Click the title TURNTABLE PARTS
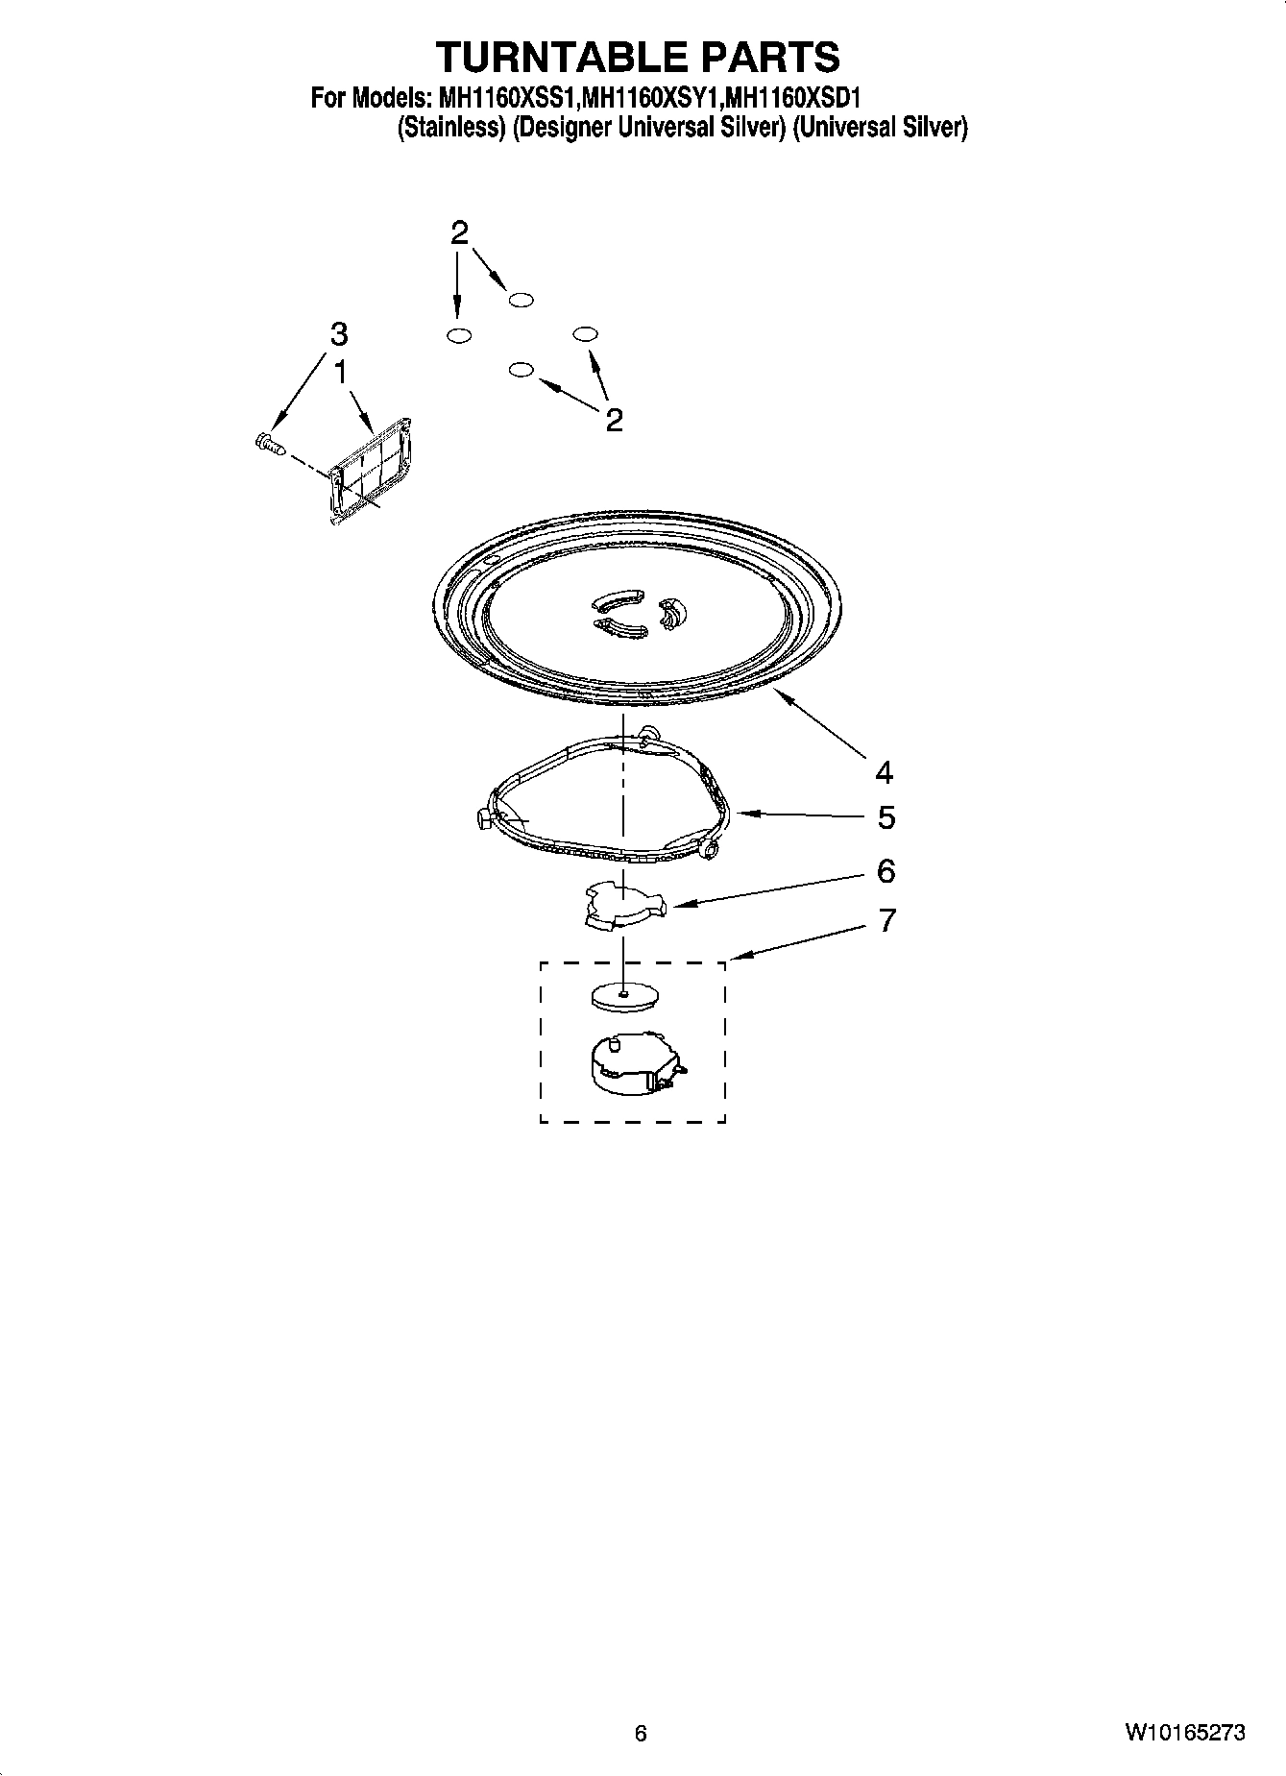tap(638, 57)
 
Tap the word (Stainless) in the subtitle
tap(450, 128)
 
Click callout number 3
tap(338, 334)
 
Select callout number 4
tap(884, 771)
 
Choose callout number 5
tap(886, 817)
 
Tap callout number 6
tap(886, 871)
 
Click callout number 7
tap(886, 920)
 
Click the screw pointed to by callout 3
tap(270, 443)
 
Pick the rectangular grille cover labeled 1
tap(371, 471)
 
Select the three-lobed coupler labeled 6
tap(623, 906)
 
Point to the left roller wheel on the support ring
tap(482, 817)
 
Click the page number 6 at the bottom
tap(641, 1732)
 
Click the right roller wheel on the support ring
tap(711, 849)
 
